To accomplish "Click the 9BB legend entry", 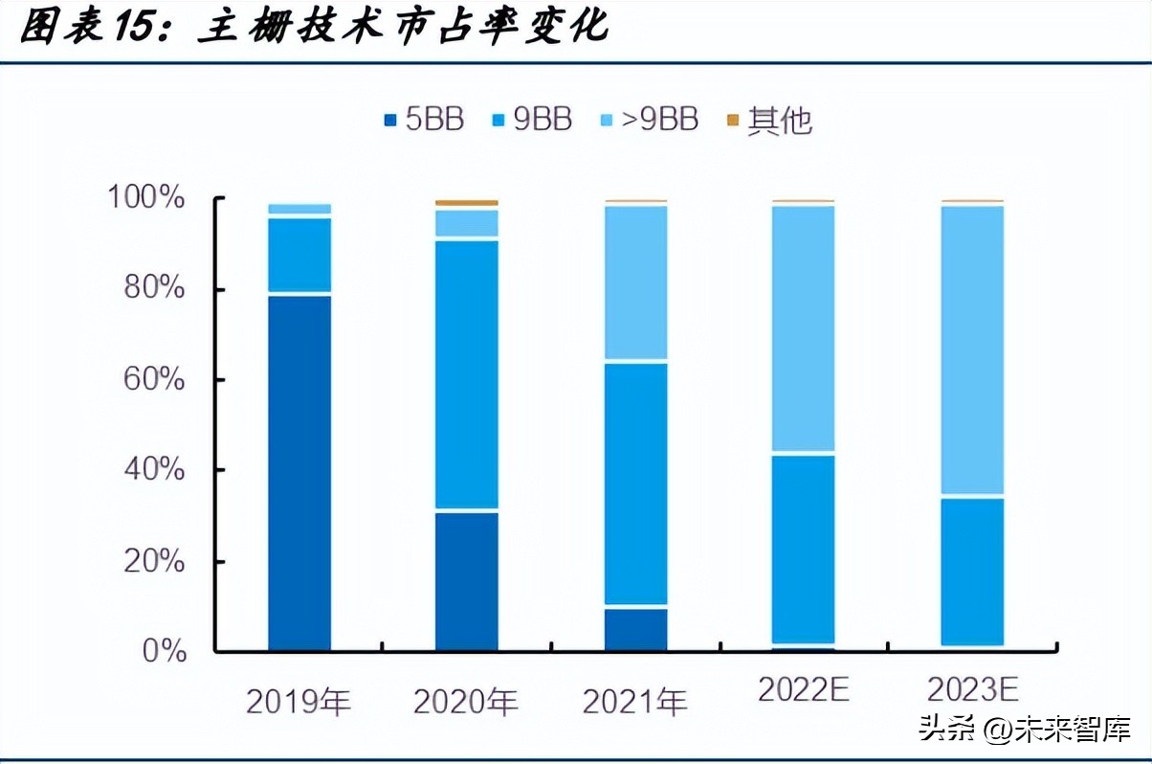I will coord(532,120).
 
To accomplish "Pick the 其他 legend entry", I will coord(770,121).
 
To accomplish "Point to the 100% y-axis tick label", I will coord(145,199).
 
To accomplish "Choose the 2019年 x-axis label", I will coord(299,702).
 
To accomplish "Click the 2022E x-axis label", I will coord(804,688).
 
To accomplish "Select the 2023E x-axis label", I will coord(972,688).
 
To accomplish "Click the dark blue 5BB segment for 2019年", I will coord(299,473).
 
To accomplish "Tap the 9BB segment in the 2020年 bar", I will coord(467,374).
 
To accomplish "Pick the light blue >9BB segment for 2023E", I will coord(971,349).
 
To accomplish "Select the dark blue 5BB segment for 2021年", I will coord(635,629).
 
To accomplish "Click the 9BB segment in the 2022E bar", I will coord(804,549).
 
